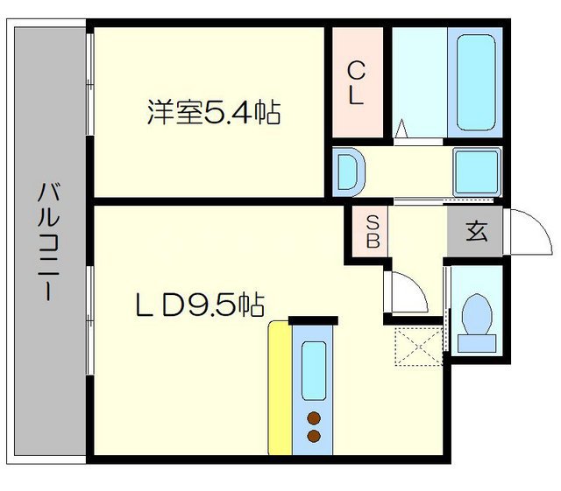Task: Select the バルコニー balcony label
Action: click(45, 242)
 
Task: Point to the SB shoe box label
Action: click(372, 231)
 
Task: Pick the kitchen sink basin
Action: click(313, 369)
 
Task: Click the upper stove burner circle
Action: click(313, 418)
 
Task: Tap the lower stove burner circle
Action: click(313, 436)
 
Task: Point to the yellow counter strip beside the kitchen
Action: click(279, 389)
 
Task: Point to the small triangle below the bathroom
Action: click(401, 130)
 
